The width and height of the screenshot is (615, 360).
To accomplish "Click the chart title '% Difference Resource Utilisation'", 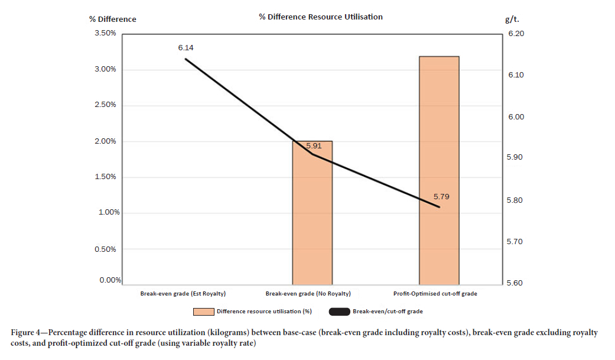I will point(320,17).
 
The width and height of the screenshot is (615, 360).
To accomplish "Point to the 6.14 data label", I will point(186,47).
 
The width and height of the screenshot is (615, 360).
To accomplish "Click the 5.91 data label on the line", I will point(314,145).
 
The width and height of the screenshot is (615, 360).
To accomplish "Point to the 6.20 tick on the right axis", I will point(516,34).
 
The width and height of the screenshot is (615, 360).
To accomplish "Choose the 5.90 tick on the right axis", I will point(516,158).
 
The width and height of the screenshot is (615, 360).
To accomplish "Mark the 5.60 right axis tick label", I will point(516,283).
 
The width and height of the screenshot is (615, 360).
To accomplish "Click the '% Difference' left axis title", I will point(112,19).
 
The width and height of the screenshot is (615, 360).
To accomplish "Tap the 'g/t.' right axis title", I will point(512,19).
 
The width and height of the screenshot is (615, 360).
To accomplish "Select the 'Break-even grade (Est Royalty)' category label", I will point(183,293).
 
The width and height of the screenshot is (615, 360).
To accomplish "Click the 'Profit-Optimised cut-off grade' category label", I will point(435,293).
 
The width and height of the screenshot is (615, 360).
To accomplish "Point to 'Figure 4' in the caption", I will point(28,333).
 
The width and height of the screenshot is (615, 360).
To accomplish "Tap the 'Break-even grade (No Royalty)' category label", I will point(308,293).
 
